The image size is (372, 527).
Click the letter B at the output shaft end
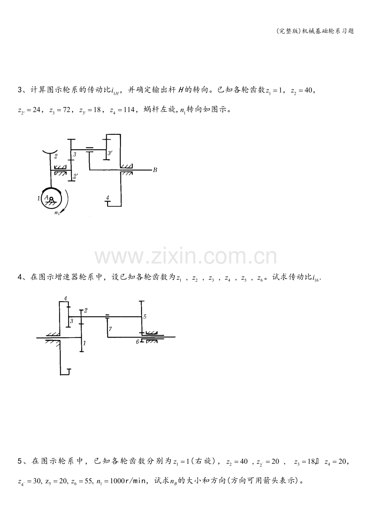(x=155, y=170)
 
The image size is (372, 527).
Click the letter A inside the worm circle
(x=46, y=197)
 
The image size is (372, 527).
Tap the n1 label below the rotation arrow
(x=57, y=212)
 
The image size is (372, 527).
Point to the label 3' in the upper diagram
(x=110, y=153)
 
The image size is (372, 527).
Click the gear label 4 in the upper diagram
(x=108, y=198)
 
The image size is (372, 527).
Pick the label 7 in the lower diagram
(x=110, y=329)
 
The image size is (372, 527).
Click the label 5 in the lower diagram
(x=145, y=317)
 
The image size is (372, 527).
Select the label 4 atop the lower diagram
(x=66, y=298)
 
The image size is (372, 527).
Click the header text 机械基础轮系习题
(x=328, y=31)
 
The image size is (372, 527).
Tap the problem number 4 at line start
(x=20, y=277)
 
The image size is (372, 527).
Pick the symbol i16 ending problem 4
(x=316, y=278)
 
